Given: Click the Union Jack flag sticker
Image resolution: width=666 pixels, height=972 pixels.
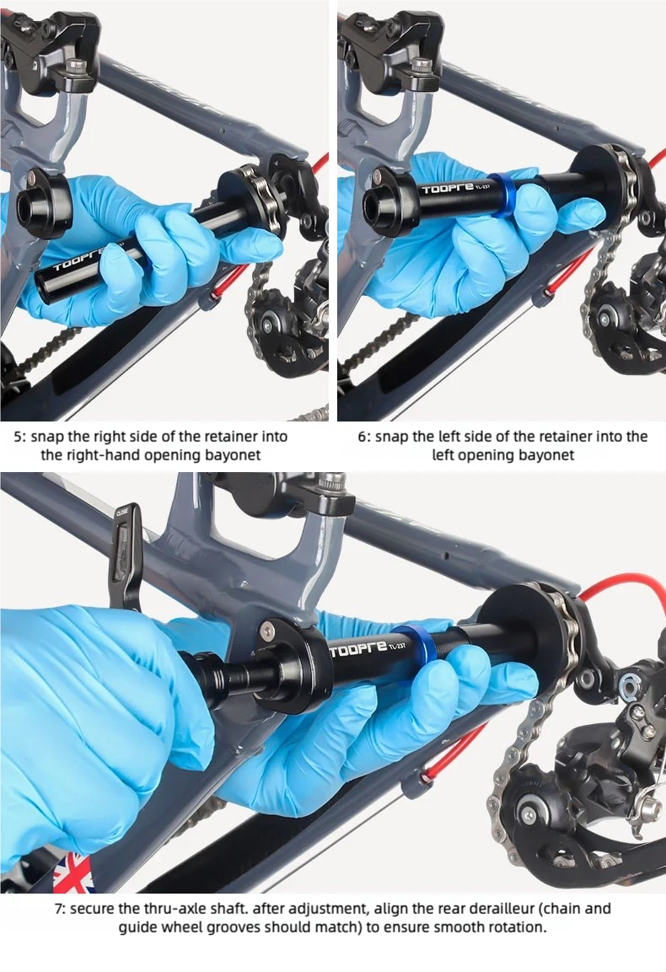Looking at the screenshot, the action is tap(72, 873).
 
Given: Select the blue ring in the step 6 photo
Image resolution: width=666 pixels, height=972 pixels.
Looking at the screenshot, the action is tap(503, 194).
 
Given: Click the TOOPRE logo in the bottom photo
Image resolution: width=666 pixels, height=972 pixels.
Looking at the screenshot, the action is tap(358, 648).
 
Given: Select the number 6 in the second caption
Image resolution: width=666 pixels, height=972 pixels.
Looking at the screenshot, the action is tap(363, 437).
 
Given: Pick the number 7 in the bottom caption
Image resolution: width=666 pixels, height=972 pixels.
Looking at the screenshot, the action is tap(59, 910).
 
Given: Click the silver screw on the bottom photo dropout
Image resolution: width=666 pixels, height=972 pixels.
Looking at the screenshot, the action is tap(267, 631).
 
